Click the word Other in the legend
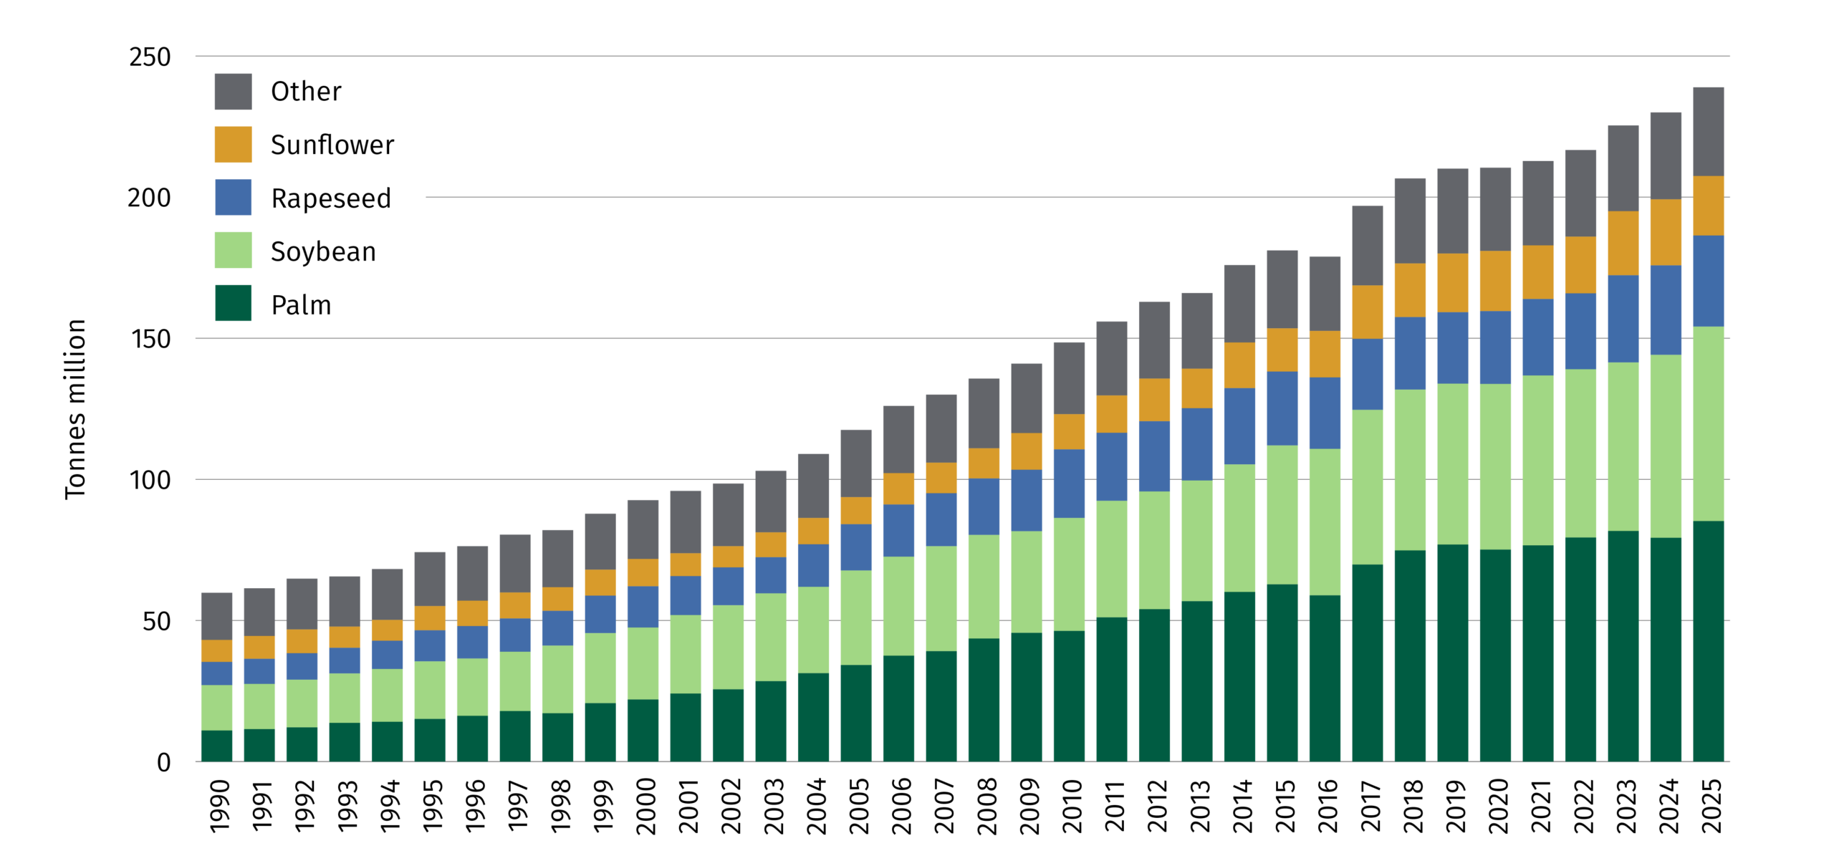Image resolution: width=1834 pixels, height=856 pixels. point(306,92)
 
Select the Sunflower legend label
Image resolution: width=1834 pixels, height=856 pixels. point(332,145)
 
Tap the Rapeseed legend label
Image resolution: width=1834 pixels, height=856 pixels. point(331,198)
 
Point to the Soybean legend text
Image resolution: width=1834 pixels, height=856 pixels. point(323,252)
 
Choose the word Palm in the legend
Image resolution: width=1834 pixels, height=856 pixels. point(301,306)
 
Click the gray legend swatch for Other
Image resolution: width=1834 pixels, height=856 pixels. point(233,92)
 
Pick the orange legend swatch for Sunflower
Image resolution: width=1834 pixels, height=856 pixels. point(233,145)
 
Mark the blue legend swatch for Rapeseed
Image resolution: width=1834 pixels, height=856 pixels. point(233,198)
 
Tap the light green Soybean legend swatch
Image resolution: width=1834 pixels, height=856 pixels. point(233,251)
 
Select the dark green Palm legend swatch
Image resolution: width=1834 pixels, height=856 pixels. point(233,303)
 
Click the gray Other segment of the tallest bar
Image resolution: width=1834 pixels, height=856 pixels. point(1708,132)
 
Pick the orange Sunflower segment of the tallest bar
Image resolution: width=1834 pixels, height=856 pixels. point(1708,206)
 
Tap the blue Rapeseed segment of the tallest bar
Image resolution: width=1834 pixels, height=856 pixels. point(1708,281)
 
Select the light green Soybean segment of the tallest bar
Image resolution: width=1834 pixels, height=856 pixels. point(1708,423)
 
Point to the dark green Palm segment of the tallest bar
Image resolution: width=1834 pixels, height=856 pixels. point(1708,641)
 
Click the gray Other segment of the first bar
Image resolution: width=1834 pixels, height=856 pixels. point(216,616)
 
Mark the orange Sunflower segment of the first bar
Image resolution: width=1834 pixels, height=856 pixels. point(216,650)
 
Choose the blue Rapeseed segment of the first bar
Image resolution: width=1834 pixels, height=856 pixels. point(216,673)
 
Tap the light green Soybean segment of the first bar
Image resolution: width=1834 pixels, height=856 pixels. point(216,708)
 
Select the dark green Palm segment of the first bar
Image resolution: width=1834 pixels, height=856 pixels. point(216,746)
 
